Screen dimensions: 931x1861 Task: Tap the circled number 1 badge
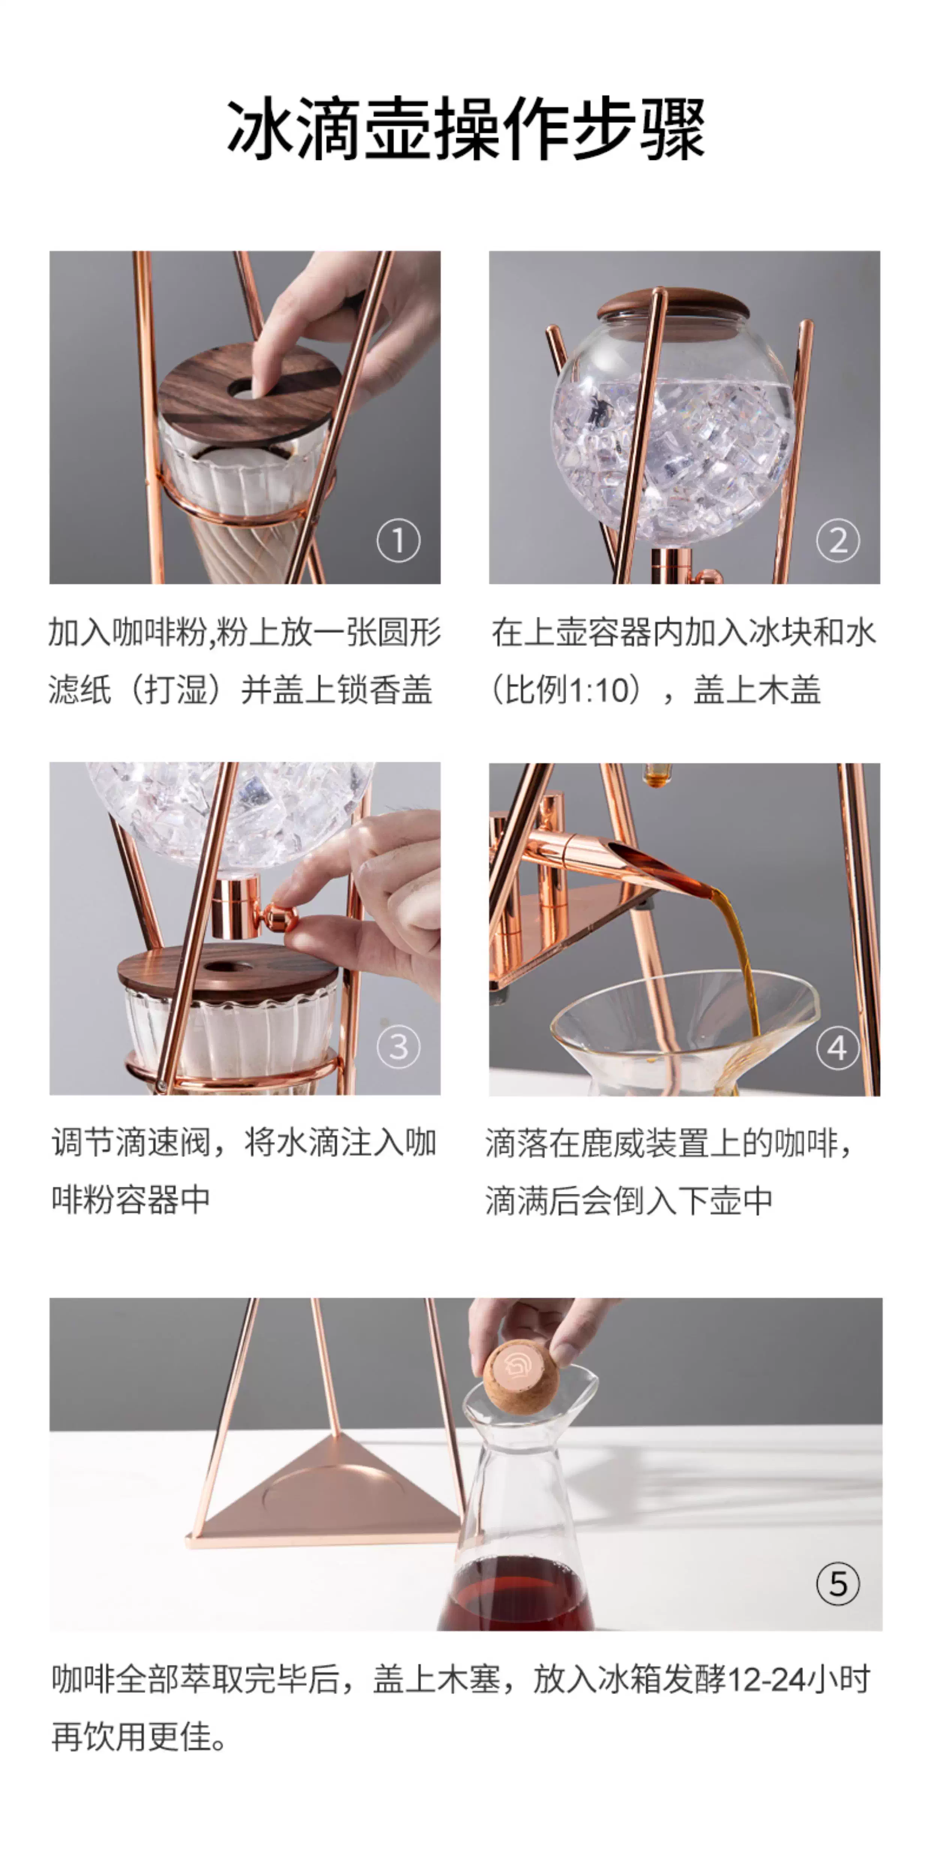398,540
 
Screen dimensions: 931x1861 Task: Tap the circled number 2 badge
838,540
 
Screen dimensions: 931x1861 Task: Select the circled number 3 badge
398,1047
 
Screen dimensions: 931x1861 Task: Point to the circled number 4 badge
838,1048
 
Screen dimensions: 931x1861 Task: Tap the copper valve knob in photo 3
279,917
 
